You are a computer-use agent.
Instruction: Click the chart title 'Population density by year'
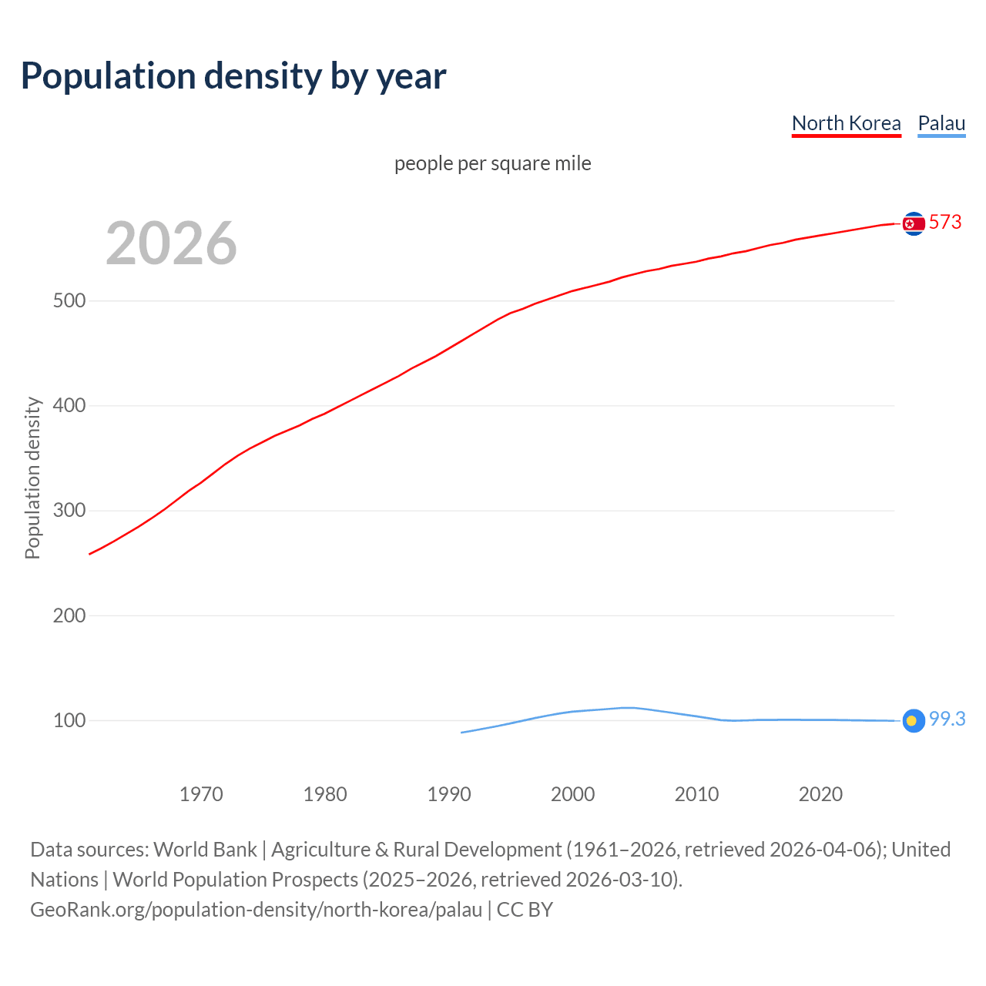(233, 75)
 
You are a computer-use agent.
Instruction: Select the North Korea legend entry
(846, 123)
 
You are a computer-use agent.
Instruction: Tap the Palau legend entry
(941, 123)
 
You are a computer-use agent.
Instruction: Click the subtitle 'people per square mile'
(492, 163)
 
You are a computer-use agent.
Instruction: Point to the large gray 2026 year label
(171, 243)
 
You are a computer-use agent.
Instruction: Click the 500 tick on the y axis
(69, 300)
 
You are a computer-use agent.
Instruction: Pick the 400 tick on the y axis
(69, 405)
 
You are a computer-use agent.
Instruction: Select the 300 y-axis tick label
(69, 511)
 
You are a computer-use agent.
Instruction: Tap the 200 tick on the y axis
(69, 615)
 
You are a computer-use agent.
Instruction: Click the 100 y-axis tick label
(69, 721)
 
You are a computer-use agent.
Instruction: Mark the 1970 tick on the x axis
(201, 794)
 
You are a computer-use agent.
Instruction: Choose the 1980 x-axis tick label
(325, 794)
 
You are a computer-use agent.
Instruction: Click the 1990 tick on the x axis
(449, 794)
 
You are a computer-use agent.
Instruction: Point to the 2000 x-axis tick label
(572, 794)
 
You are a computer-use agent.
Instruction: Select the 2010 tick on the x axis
(696, 794)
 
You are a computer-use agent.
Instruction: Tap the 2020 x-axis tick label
(820, 794)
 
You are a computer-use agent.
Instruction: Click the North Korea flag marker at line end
(914, 223)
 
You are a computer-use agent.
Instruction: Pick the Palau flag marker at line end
(914, 720)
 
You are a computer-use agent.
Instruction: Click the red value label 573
(945, 223)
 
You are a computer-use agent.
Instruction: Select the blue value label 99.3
(947, 719)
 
